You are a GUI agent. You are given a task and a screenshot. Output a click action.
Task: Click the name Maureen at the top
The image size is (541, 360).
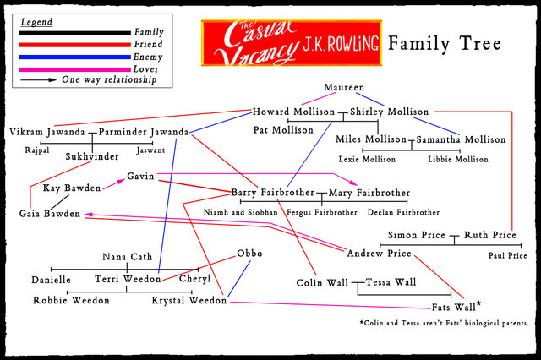pos(344,87)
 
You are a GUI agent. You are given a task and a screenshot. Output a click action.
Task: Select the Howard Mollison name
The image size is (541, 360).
pos(293,112)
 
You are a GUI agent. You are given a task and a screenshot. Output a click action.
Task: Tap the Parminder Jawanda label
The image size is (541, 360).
pos(144,132)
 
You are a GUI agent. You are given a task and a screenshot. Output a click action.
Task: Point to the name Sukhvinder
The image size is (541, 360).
pos(92,156)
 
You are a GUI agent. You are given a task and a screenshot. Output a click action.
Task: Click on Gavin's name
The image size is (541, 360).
pos(140,177)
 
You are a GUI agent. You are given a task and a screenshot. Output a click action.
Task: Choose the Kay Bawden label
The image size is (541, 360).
pos(72,188)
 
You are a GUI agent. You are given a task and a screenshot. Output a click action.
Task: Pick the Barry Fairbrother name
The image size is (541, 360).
pos(272,193)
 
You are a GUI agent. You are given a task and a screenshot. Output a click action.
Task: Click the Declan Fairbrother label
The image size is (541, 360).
pos(403,212)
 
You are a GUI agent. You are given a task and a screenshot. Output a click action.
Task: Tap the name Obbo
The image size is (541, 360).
pos(249,254)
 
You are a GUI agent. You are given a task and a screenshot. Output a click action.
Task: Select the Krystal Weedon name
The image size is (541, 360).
pos(189,300)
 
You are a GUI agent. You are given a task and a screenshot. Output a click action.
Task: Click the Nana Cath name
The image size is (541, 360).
pos(128,257)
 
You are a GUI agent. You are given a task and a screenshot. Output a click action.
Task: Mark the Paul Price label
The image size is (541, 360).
pos(507,255)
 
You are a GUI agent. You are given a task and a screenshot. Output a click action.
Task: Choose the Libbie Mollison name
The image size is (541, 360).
pos(458,160)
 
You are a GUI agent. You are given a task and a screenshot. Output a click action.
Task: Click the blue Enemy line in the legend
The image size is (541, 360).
pos(74,57)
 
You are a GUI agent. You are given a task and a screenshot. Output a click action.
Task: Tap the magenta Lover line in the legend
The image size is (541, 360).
pos(74,69)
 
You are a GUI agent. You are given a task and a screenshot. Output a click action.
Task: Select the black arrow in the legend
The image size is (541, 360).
pos(38,80)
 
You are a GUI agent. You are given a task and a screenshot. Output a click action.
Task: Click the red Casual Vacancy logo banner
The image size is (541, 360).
pos(292,43)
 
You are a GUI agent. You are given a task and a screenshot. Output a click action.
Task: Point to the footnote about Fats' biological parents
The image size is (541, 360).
pos(444,323)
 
